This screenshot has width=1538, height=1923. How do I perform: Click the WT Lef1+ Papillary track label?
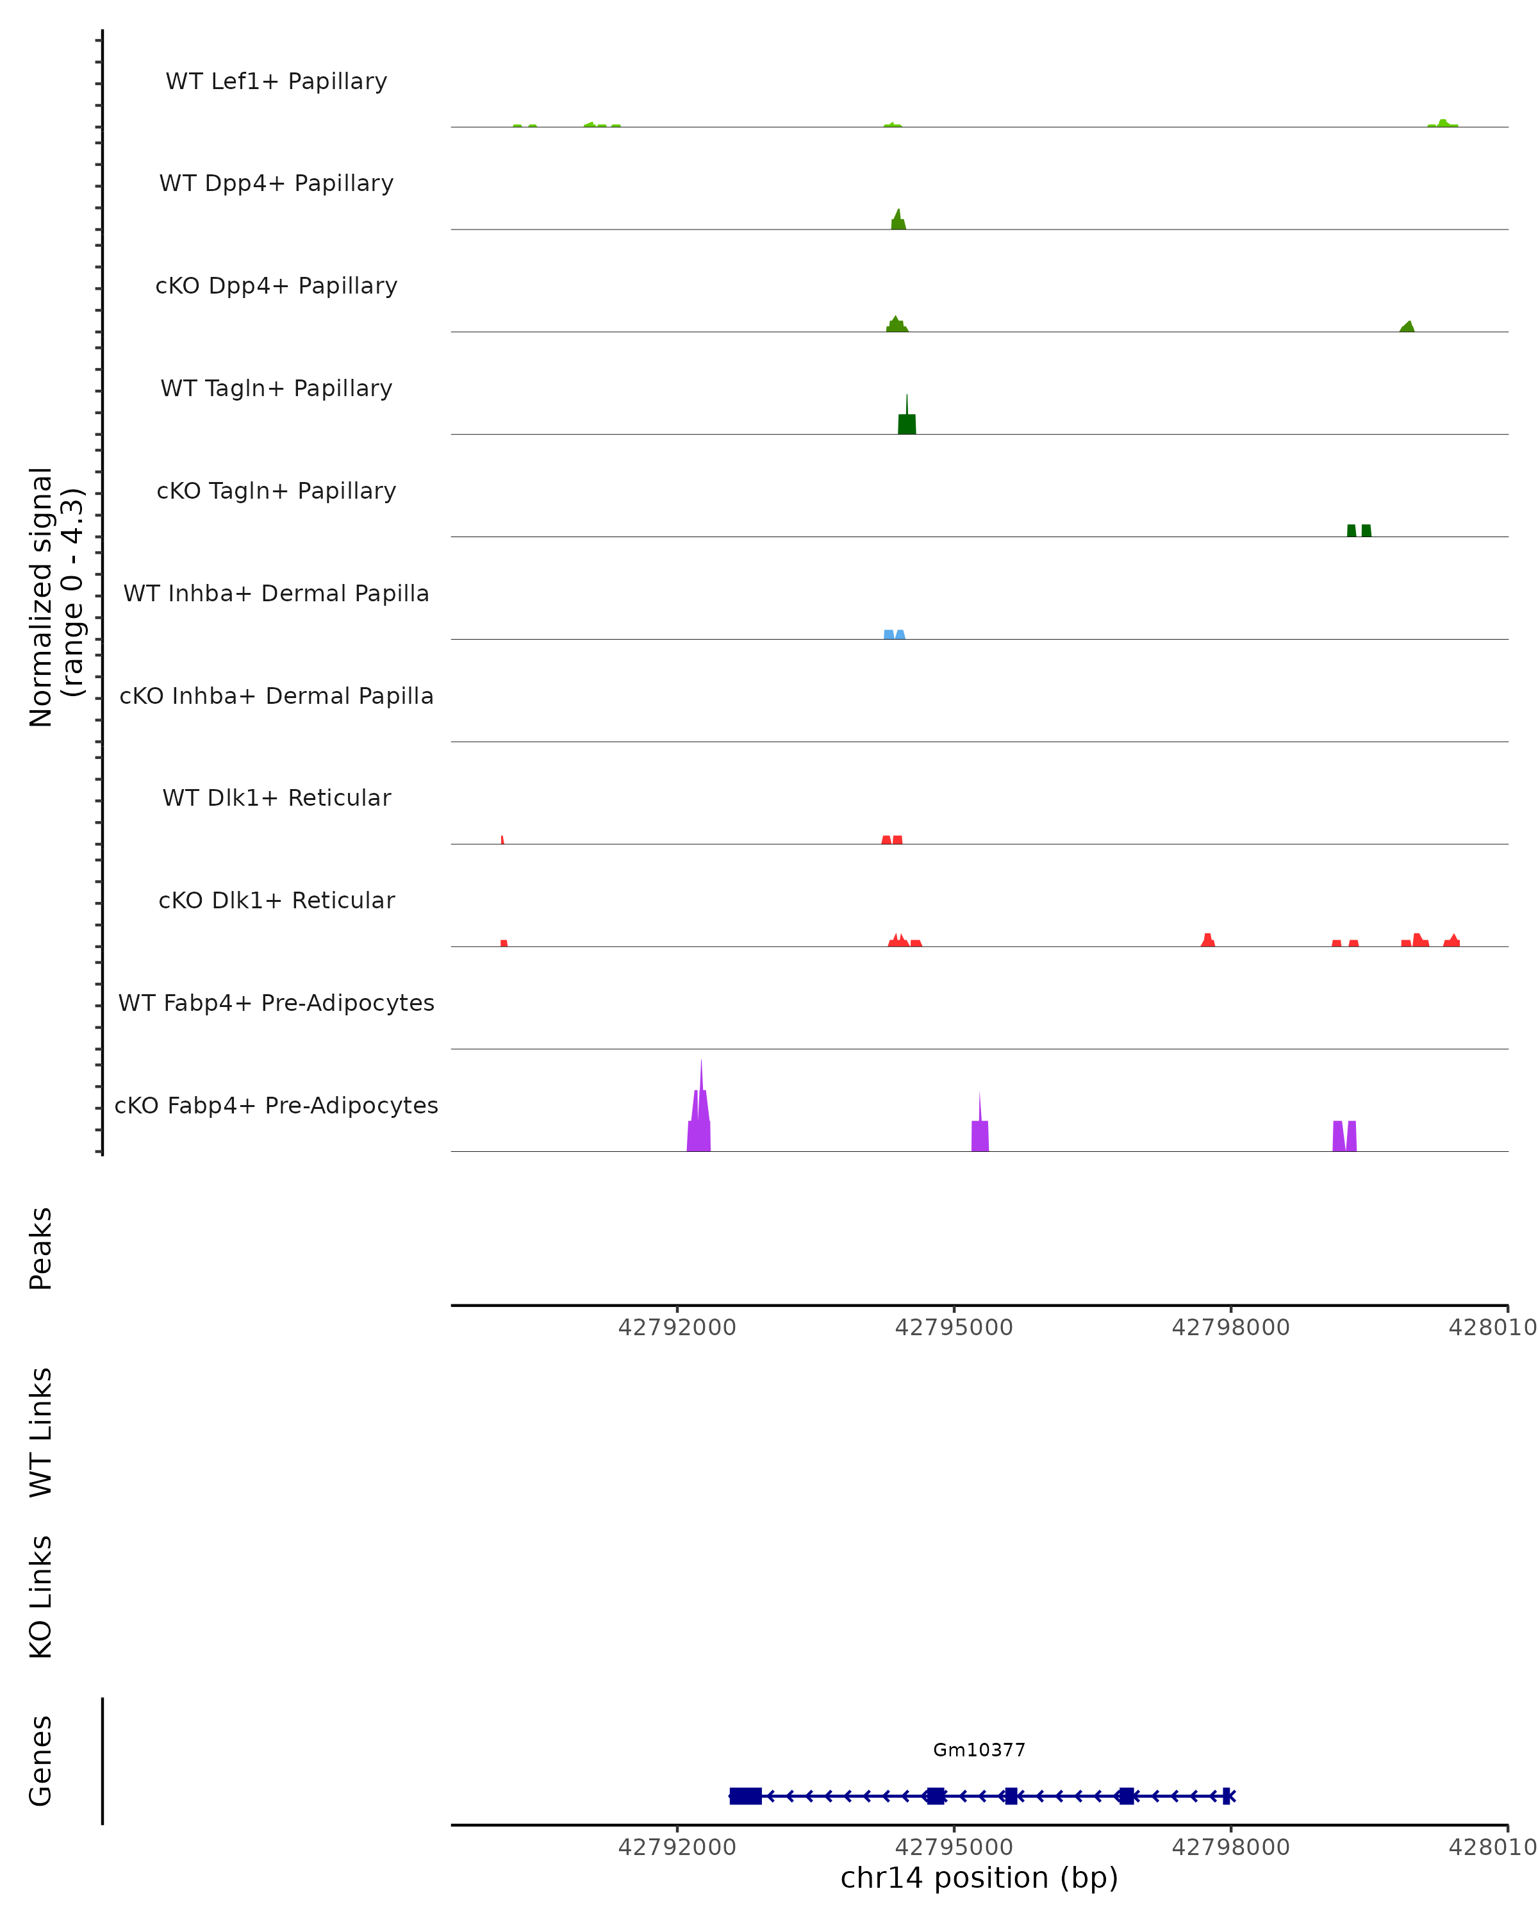276,81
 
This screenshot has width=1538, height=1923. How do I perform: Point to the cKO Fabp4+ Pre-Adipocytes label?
276,1105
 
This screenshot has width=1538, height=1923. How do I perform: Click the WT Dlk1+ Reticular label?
276,797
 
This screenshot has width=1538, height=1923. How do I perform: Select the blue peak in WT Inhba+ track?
894,634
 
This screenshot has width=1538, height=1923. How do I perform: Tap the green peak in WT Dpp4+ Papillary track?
898,221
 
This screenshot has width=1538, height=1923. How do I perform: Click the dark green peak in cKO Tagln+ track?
1359,531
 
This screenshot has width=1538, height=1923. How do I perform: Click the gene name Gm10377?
979,1750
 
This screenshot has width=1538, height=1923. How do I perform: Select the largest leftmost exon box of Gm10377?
745,1796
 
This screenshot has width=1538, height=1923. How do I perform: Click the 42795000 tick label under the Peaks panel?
954,1328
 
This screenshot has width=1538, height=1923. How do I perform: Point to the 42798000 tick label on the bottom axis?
1230,1847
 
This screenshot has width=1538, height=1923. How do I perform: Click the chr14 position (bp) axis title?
979,1877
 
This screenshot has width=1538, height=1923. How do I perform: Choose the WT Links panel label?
41,1431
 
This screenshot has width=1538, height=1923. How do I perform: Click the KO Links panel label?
41,1597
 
